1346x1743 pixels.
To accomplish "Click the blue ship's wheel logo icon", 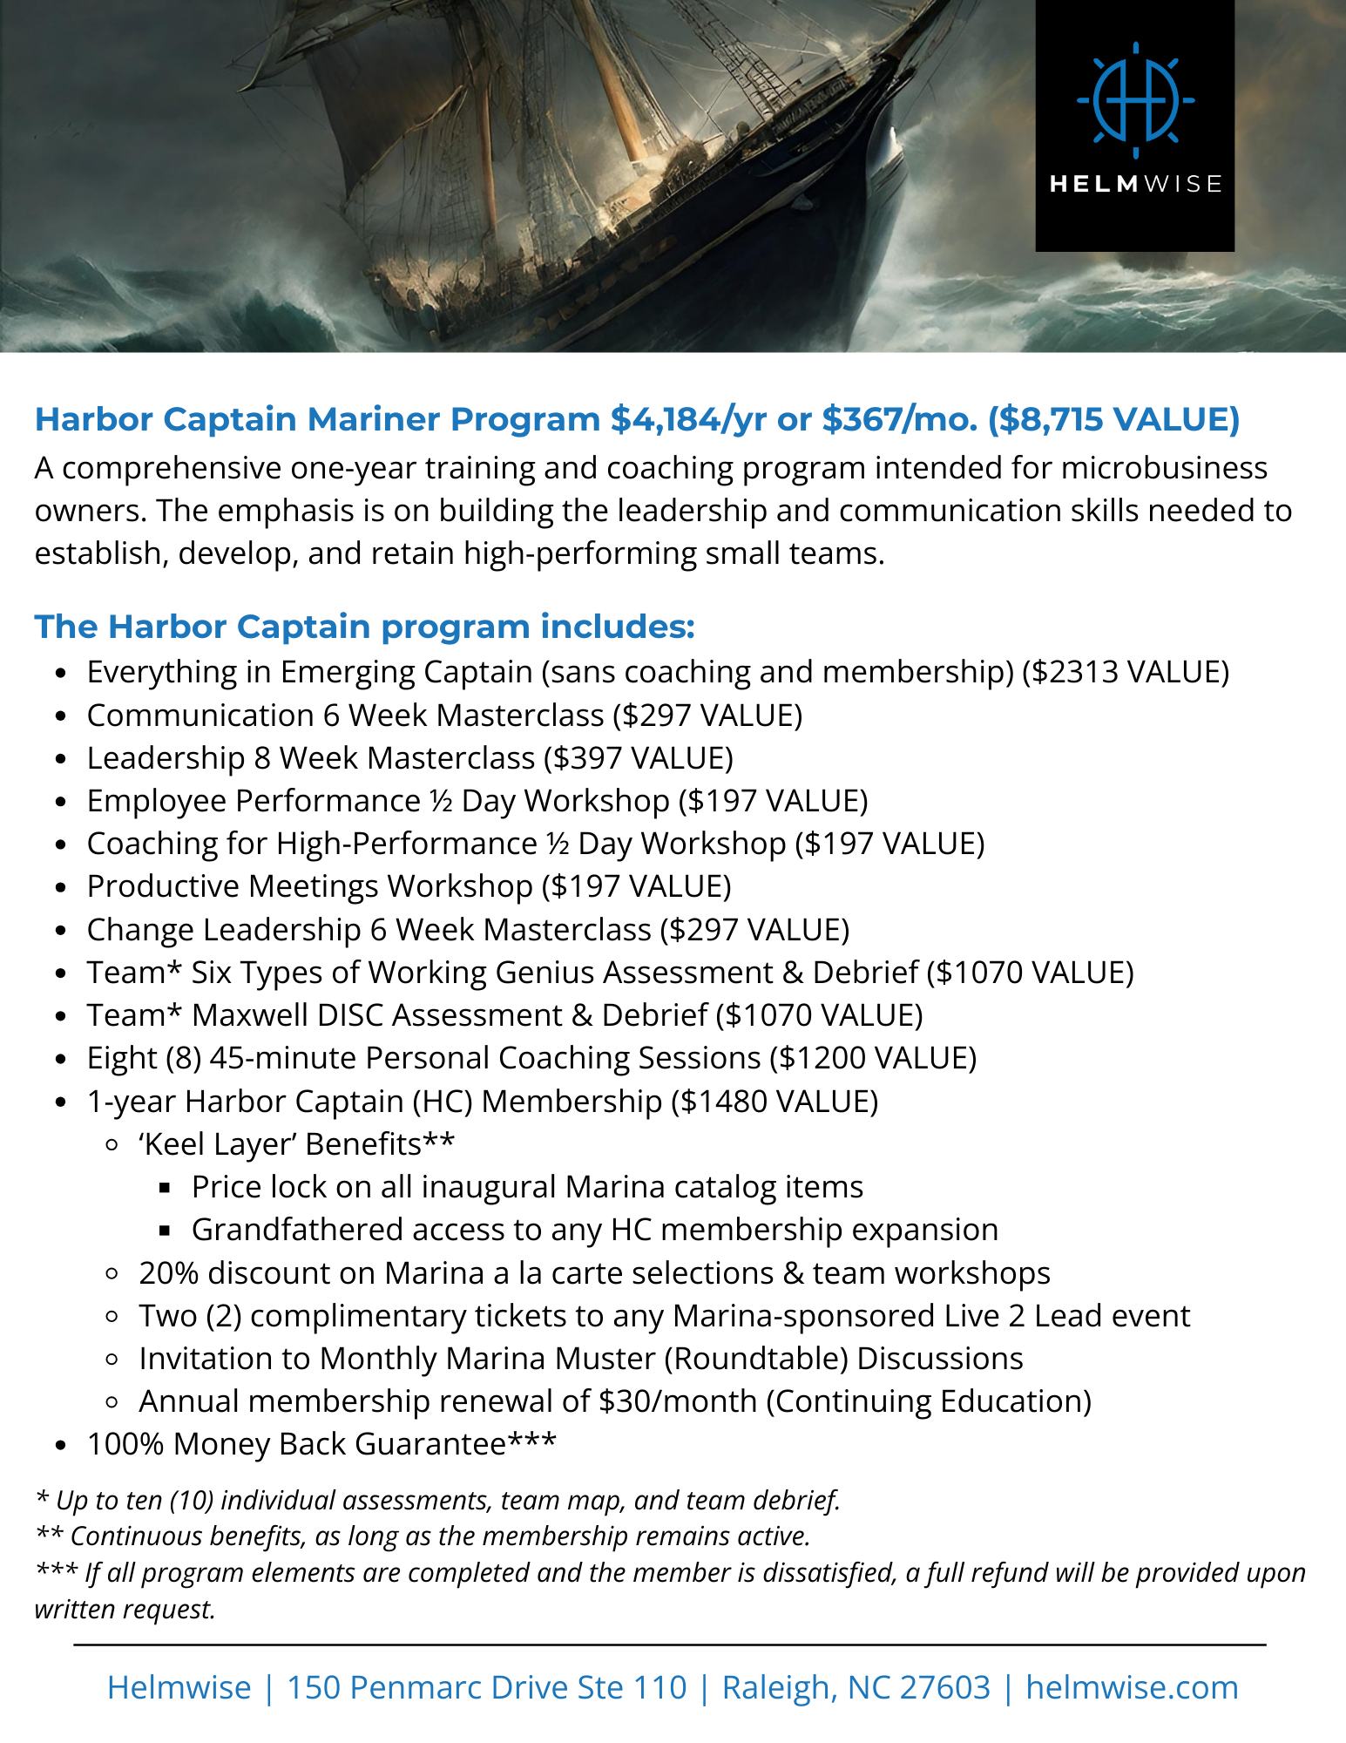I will [x=1135, y=100].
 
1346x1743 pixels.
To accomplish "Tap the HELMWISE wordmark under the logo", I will [x=1135, y=184].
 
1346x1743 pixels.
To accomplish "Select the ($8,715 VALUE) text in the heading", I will [x=1113, y=419].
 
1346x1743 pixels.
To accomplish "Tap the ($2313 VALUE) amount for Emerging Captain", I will [x=1126, y=672].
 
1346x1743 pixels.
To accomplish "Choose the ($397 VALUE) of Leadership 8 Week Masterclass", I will [x=639, y=758].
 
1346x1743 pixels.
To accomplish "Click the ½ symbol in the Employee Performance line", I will [x=441, y=801].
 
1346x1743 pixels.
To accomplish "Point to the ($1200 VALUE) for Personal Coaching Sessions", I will [x=873, y=1058].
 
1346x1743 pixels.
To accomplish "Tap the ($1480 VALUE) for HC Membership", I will [x=774, y=1102].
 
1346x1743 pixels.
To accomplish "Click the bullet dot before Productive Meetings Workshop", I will [x=60, y=888].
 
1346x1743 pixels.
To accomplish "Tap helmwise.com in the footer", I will [x=1132, y=1688].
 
